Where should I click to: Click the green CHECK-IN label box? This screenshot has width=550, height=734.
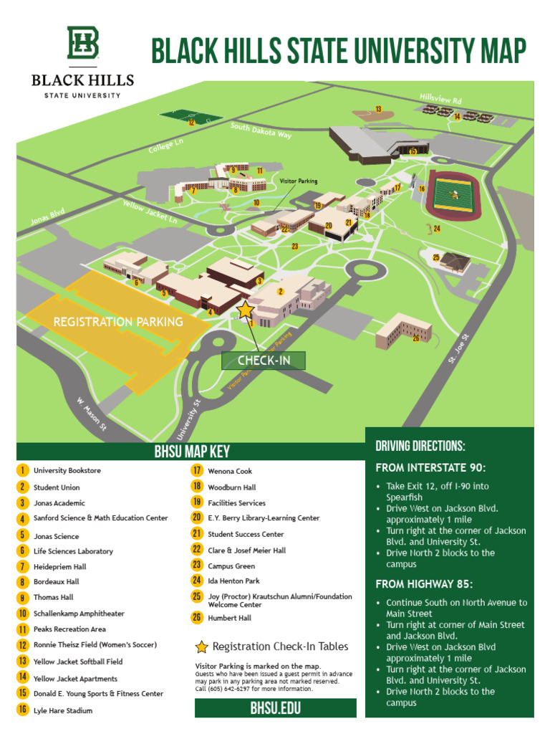[x=264, y=361]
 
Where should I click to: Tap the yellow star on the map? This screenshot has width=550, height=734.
[x=245, y=310]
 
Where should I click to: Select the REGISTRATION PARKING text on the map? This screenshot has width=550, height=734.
[x=118, y=322]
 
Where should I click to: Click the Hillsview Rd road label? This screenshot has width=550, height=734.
[x=440, y=98]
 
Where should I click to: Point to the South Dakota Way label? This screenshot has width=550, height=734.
[x=261, y=130]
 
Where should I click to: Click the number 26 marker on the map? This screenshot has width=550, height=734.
[x=415, y=338]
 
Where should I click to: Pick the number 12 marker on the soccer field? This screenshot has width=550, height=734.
[x=191, y=123]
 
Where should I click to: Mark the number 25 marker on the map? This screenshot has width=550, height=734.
[x=436, y=257]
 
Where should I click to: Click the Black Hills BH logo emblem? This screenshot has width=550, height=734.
[x=82, y=43]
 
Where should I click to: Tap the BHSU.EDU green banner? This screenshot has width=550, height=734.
[x=275, y=708]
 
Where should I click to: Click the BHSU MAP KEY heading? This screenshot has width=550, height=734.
[x=191, y=452]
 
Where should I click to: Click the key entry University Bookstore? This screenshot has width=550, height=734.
[x=67, y=470]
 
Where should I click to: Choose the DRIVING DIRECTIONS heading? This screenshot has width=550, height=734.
[x=420, y=446]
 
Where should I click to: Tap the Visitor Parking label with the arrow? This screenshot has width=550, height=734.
[x=298, y=181]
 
